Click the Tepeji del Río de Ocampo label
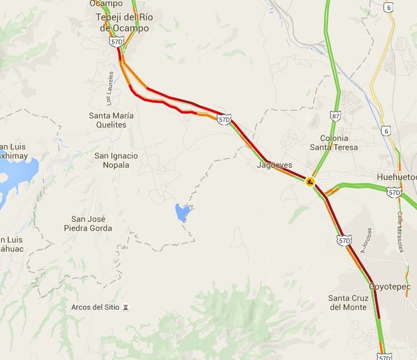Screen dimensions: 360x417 124,22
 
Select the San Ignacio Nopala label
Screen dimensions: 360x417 116,161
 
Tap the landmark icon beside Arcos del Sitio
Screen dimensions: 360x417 126,307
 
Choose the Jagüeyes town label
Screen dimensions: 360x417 275,165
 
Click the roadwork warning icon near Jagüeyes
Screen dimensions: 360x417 310,181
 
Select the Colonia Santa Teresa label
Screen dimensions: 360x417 334,143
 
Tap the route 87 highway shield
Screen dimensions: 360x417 336,116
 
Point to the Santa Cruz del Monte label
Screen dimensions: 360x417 348,302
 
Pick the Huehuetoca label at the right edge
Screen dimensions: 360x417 396,178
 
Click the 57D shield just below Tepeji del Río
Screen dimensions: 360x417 116,41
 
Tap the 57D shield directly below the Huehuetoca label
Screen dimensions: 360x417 394,193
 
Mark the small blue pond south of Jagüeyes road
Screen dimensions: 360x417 182,212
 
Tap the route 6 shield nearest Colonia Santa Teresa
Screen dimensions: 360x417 387,131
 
